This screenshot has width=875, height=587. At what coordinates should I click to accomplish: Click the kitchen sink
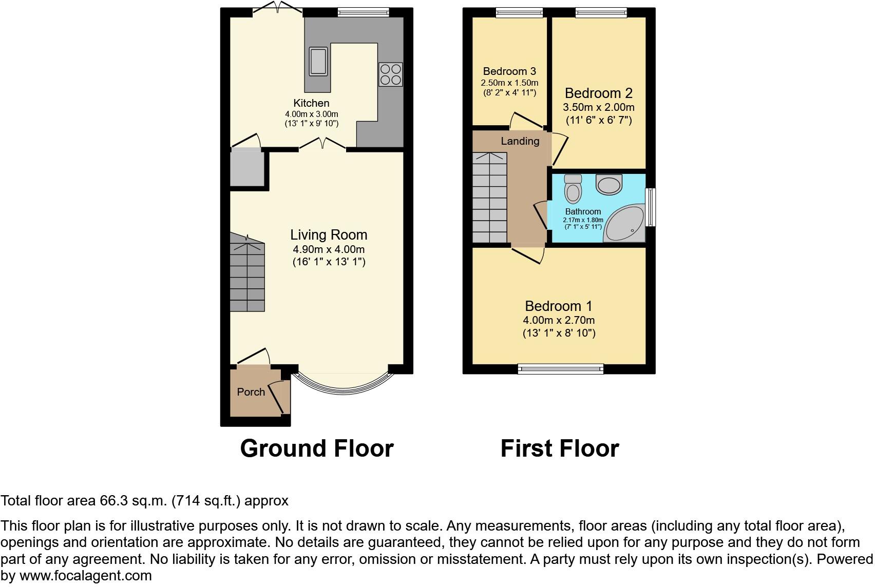pos(318,61)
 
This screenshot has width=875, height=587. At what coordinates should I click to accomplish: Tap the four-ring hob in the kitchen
pos(390,74)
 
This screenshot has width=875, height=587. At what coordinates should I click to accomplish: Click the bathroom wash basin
pos(609,184)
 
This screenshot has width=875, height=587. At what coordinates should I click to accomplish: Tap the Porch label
pos(251,392)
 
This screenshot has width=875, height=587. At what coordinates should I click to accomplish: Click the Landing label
pos(520,141)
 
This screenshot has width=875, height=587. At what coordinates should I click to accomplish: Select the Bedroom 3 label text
pos(509,71)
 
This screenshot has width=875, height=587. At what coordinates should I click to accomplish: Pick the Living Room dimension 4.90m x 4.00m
pos(329,249)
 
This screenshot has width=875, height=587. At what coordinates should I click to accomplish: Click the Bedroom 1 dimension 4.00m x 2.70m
pos(559,320)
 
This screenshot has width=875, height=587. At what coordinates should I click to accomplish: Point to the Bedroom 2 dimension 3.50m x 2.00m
pos(599,107)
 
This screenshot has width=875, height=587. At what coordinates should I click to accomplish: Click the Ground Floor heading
pos(317,448)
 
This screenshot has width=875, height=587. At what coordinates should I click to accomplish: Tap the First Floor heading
pos(560,448)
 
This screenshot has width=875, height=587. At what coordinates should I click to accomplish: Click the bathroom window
pos(651,207)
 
